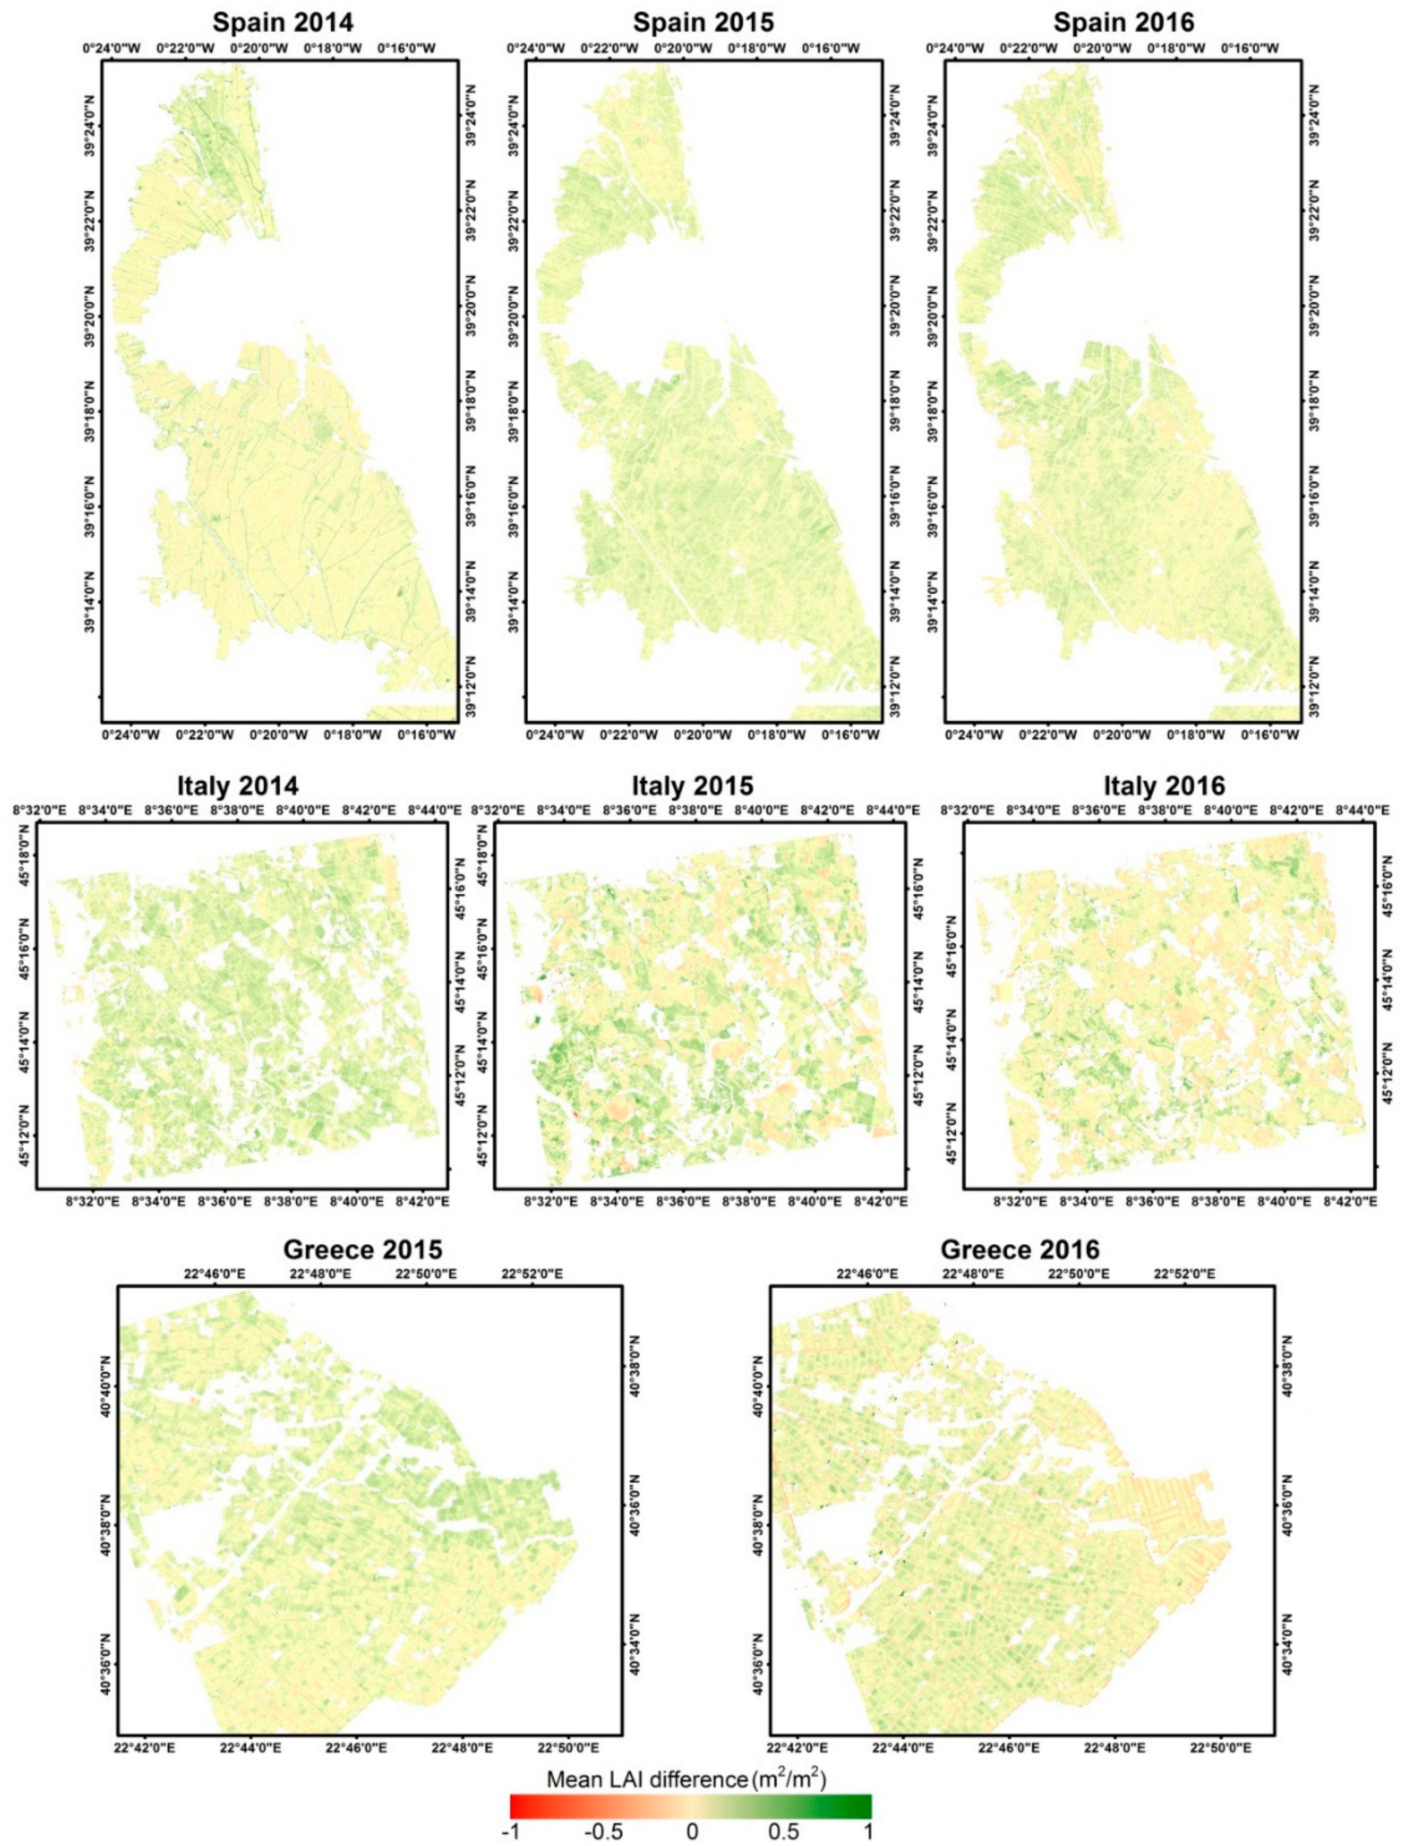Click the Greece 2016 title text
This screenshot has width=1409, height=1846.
click(x=1019, y=1249)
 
